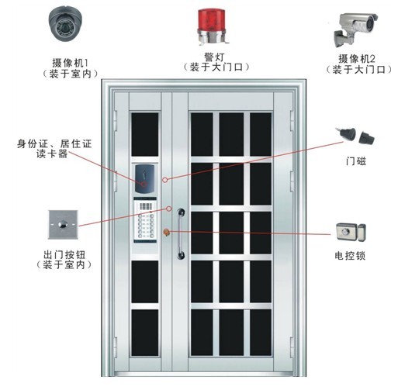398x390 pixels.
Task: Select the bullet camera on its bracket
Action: [355, 29]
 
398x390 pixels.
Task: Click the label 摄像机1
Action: [70, 63]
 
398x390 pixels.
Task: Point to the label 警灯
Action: [214, 57]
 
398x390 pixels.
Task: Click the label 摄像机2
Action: [357, 59]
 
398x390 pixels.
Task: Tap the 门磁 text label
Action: [356, 161]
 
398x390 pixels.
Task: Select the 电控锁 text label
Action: [350, 256]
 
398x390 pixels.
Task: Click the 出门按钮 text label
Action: [64, 254]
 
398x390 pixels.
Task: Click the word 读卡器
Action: [52, 154]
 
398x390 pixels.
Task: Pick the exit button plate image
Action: [63, 224]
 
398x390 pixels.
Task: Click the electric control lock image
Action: [351, 232]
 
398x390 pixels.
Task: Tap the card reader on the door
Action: [144, 179]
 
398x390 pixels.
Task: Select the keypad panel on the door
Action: [145, 220]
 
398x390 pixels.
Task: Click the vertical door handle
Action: [181, 233]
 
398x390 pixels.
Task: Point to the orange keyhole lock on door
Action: [166, 232]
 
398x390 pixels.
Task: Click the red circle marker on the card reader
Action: [144, 184]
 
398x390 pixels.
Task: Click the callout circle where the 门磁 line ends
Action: [164, 180]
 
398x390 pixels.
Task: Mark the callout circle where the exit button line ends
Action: [168, 209]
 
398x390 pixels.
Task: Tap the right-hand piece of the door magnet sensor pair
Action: [367, 138]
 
